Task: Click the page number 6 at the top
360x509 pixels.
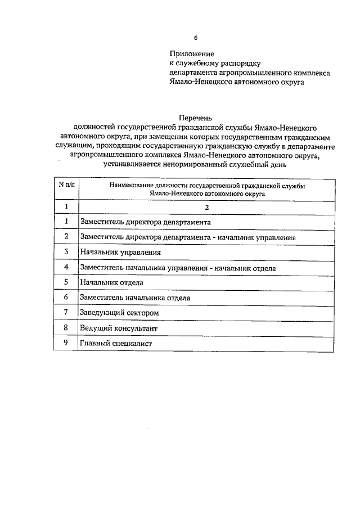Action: pos(196,38)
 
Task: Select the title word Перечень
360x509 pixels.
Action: pos(195,118)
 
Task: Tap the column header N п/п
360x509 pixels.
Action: pos(66,184)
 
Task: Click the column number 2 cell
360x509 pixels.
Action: pos(207,207)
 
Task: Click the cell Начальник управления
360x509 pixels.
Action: pos(116,252)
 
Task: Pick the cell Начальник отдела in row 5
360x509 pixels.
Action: pos(111,282)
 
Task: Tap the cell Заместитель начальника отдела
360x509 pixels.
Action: pos(135,298)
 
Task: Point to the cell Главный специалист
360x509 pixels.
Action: pos(116,343)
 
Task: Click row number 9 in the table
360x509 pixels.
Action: pos(66,343)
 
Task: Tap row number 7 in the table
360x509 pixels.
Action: pos(66,312)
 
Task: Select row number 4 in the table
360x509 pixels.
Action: pos(66,267)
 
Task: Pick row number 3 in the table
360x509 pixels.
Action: pos(66,252)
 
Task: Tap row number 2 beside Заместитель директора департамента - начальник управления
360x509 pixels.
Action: pos(66,237)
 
